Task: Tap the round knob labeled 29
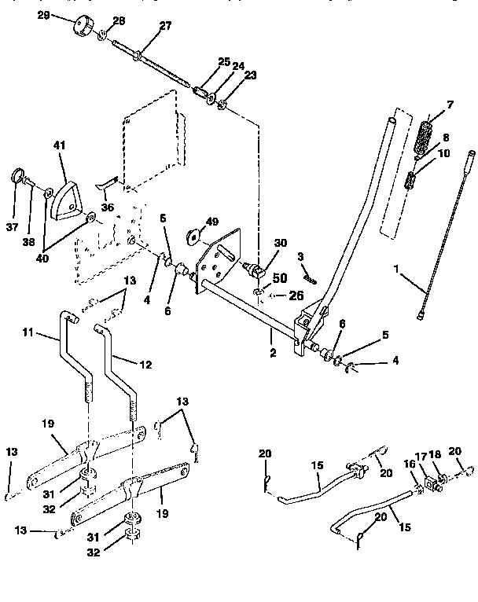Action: click(82, 28)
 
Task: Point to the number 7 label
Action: click(450, 105)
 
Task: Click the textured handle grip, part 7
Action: click(427, 140)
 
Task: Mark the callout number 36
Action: click(107, 207)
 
